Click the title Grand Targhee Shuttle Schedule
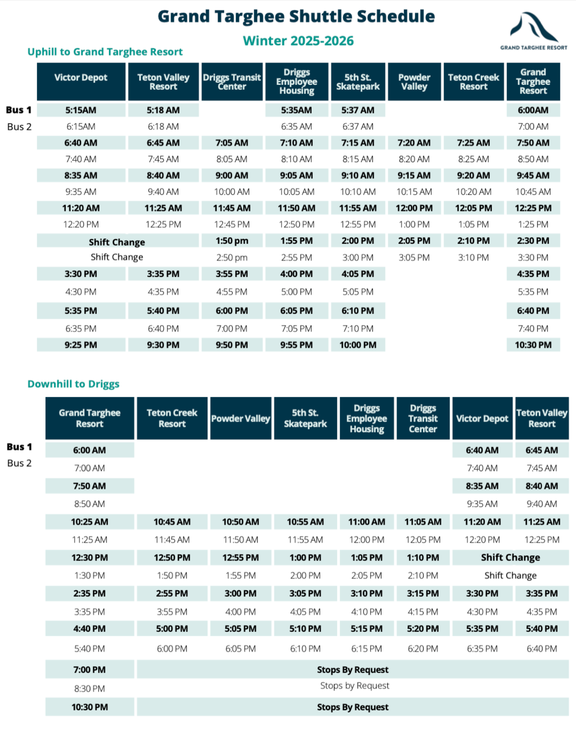[296, 17]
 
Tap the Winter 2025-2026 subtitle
[298, 41]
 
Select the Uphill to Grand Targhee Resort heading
[105, 52]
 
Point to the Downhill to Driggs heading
[73, 384]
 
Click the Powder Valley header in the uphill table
[414, 82]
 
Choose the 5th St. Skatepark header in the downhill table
[305, 418]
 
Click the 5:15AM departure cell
[81, 110]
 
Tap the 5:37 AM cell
[358, 110]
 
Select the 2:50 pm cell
[232, 257]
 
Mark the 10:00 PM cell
[358, 345]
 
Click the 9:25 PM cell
[81, 345]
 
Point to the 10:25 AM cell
[89, 522]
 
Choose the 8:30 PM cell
[89, 689]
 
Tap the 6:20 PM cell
[423, 649]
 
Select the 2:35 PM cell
[89, 593]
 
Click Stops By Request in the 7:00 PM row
[352, 670]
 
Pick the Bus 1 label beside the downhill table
[19, 447]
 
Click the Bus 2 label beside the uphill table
[19, 127]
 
